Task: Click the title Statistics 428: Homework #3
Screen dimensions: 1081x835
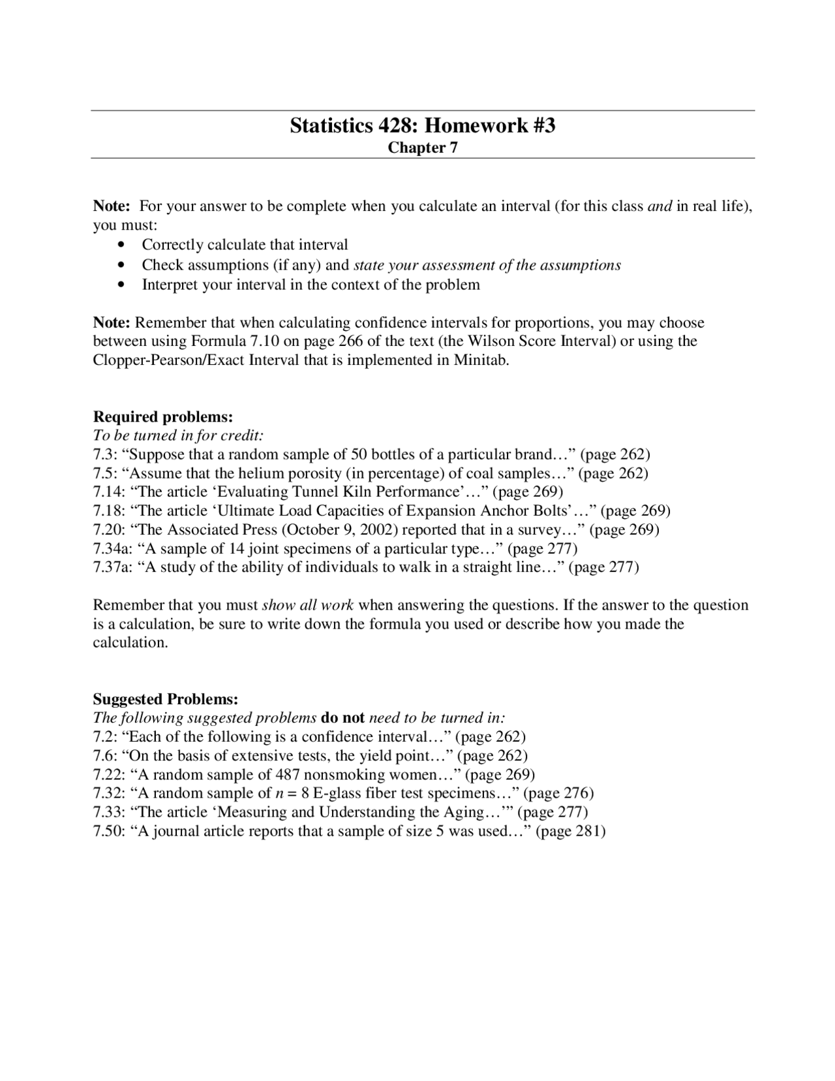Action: (x=422, y=125)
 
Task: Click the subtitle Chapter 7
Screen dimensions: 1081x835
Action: (x=422, y=148)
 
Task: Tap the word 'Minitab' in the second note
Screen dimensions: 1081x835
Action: (x=480, y=360)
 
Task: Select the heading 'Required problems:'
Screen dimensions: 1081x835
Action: (x=162, y=416)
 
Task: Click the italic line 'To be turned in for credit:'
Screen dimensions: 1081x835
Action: (x=178, y=435)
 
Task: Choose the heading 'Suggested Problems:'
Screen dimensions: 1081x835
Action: (x=166, y=699)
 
